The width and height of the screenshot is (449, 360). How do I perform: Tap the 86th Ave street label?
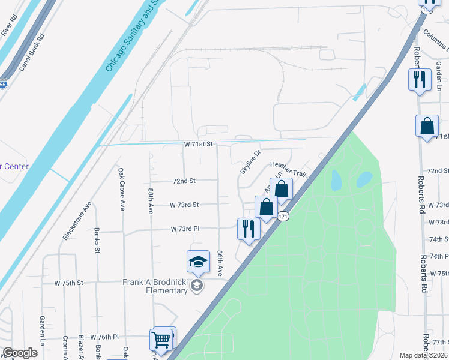(x=221, y=263)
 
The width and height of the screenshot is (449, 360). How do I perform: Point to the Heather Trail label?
(x=288, y=169)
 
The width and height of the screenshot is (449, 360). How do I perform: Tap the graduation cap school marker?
(x=199, y=262)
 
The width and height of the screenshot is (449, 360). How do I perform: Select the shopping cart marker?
(x=161, y=340)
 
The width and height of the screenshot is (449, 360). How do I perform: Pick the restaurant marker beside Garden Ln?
(x=420, y=79)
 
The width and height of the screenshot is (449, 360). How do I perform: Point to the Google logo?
(x=20, y=353)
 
